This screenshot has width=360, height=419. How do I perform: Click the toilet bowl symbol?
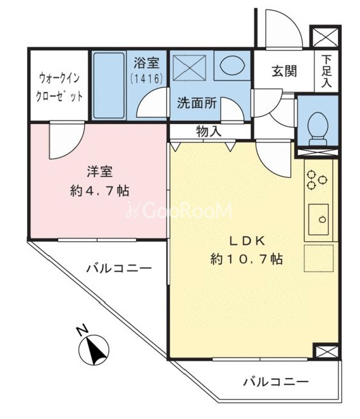317,128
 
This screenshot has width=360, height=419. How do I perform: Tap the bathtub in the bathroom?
109,85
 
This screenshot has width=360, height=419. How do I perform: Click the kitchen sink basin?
319,220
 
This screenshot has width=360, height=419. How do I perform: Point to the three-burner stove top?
317,180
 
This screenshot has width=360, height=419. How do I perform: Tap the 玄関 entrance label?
285,72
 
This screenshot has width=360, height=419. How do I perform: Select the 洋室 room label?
99,172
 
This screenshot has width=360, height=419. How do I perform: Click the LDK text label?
247,241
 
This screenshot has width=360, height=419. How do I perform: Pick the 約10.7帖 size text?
247,259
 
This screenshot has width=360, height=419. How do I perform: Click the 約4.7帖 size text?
99,191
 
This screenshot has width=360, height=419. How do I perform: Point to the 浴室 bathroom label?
146,63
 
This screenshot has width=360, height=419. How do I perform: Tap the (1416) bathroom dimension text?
147,78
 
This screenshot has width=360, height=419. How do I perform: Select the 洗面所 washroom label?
197,103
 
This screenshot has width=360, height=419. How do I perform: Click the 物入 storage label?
209,132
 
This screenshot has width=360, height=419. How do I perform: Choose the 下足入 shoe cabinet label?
326,71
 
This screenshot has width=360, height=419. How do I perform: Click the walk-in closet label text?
59,87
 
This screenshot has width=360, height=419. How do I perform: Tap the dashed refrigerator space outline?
319,258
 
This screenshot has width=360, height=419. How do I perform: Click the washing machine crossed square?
189,68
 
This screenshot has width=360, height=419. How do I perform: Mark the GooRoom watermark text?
179,211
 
